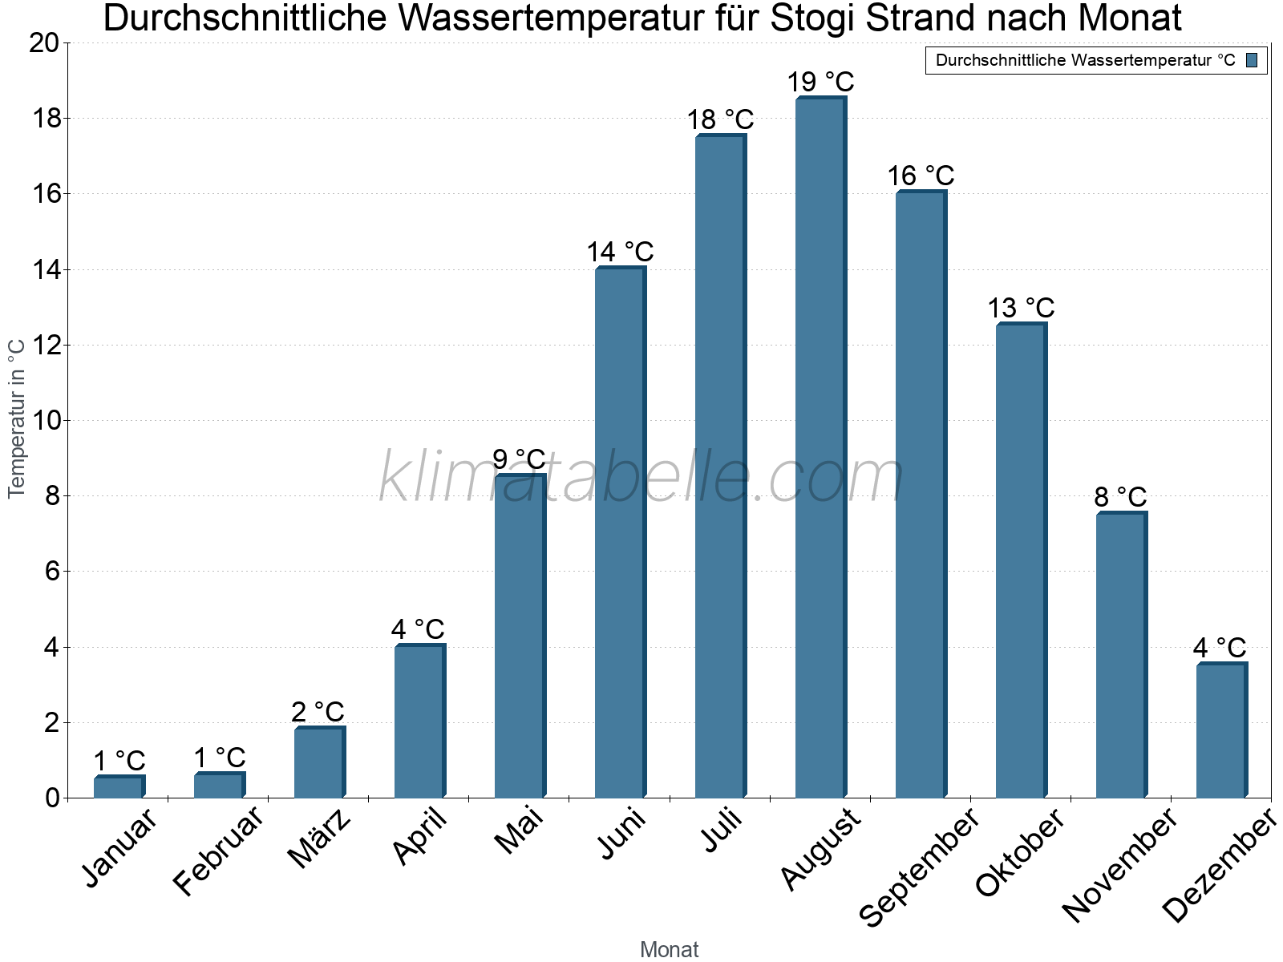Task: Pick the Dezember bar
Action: [x=1221, y=730]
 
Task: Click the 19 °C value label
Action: [x=820, y=82]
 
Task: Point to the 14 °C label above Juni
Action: [x=620, y=253]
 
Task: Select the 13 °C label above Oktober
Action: [x=1021, y=308]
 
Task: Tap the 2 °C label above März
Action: [x=318, y=712]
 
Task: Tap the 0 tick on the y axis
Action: [x=52, y=798]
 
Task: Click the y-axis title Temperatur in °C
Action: [x=17, y=418]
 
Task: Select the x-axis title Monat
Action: [x=669, y=949]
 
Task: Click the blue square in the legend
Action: [x=1252, y=60]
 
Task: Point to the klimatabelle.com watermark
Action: [x=641, y=478]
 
